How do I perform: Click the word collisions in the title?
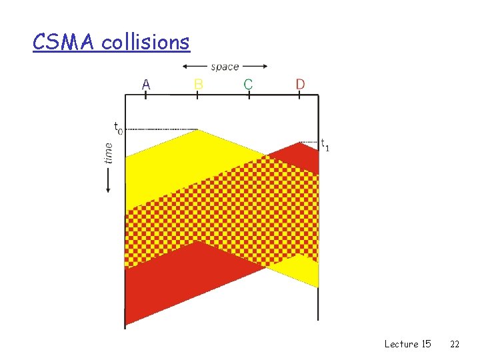(x=146, y=42)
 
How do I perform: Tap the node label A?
(x=146, y=84)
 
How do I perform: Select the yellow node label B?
(x=198, y=84)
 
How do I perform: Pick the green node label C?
(x=248, y=84)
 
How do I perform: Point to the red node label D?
(x=300, y=84)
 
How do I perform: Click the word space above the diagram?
(x=225, y=67)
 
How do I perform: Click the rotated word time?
(x=109, y=152)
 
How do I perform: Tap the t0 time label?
(x=117, y=127)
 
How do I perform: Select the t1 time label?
(x=325, y=144)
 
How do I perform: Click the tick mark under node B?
(x=197, y=95)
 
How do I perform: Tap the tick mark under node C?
(x=249, y=95)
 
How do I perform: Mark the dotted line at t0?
(x=160, y=129)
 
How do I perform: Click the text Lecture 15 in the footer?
(x=407, y=344)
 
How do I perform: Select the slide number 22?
(x=455, y=344)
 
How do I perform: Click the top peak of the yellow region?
(x=197, y=131)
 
